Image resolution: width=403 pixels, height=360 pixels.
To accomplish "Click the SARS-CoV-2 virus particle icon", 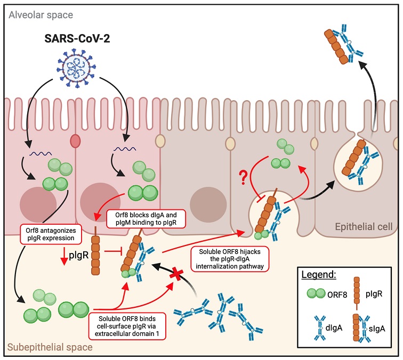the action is [76, 68].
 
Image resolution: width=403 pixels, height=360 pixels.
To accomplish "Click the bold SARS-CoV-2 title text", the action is [77, 38].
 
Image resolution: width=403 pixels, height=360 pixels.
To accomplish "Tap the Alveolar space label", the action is [41, 15].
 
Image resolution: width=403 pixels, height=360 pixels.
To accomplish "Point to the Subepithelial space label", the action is [50, 347].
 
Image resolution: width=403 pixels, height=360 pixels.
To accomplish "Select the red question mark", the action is [243, 178].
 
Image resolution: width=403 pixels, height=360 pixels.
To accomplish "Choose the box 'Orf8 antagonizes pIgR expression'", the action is [51, 234].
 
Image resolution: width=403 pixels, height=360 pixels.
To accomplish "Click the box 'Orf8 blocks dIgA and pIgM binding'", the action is [146, 218].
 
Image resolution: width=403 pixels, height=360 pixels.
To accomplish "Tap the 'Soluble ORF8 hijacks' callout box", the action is [230, 259].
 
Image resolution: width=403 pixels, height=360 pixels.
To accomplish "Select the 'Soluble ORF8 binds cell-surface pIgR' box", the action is [127, 326].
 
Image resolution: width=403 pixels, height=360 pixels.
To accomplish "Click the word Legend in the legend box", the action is [318, 274].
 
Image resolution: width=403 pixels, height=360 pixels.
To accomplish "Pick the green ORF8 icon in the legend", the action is [316, 293].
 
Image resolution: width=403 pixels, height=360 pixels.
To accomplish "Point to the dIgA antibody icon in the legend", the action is [320, 328].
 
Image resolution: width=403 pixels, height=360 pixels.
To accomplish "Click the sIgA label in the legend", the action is [377, 329].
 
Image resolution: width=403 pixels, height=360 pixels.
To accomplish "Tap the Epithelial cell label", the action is [364, 227].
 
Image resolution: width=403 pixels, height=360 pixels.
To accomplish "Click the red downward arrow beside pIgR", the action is [64, 256].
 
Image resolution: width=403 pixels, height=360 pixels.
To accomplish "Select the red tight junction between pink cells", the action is [75, 141].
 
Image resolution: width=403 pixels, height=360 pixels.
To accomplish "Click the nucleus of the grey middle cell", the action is [208, 204].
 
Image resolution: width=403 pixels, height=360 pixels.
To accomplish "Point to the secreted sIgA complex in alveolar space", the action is [344, 44].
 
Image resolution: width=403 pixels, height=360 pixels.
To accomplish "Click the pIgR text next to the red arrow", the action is [79, 255].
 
